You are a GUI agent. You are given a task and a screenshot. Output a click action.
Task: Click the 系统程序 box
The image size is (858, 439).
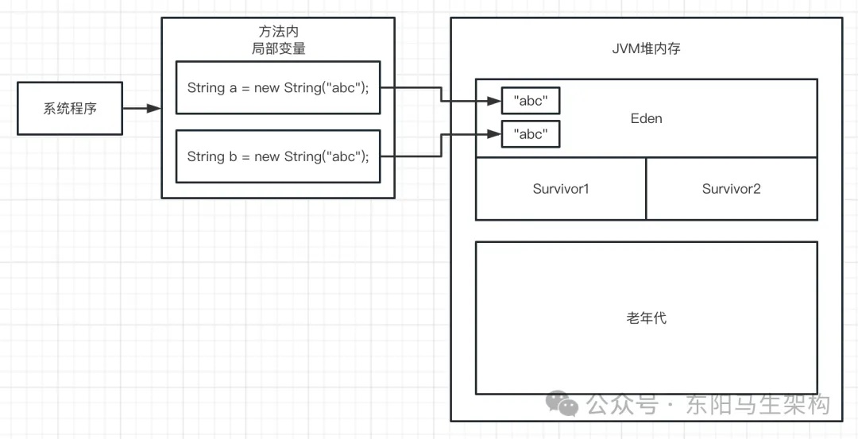click(x=70, y=108)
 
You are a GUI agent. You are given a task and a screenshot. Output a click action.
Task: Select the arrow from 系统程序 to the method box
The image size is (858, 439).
click(x=143, y=108)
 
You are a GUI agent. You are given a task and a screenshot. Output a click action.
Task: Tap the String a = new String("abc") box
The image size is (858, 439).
click(x=278, y=87)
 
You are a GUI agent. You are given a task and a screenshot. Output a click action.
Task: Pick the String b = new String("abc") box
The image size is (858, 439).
click(x=278, y=156)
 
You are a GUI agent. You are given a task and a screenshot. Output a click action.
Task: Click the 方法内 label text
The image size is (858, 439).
click(x=278, y=32)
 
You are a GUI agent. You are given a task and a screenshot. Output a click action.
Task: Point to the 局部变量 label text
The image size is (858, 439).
click(x=278, y=48)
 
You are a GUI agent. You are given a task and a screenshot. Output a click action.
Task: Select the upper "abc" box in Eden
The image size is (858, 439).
click(x=531, y=101)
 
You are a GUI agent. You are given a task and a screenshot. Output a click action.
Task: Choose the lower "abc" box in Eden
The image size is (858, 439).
click(x=531, y=134)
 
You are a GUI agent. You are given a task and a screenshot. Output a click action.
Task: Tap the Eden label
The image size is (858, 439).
click(x=646, y=118)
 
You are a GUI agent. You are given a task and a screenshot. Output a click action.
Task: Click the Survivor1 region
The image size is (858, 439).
click(x=561, y=189)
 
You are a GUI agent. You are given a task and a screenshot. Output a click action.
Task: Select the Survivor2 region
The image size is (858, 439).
click(x=731, y=189)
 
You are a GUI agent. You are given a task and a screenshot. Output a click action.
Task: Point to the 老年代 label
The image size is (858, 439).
click(x=646, y=318)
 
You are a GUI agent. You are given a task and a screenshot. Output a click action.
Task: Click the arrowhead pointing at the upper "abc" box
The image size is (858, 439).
click(x=493, y=101)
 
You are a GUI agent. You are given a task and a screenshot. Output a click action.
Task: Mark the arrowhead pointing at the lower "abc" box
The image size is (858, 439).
click(x=493, y=134)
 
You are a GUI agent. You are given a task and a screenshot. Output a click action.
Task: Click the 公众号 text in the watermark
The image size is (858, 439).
click(x=622, y=405)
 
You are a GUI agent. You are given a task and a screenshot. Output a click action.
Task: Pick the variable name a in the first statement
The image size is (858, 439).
click(x=234, y=87)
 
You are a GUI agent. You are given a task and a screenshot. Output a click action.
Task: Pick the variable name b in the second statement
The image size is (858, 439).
click(x=234, y=156)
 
